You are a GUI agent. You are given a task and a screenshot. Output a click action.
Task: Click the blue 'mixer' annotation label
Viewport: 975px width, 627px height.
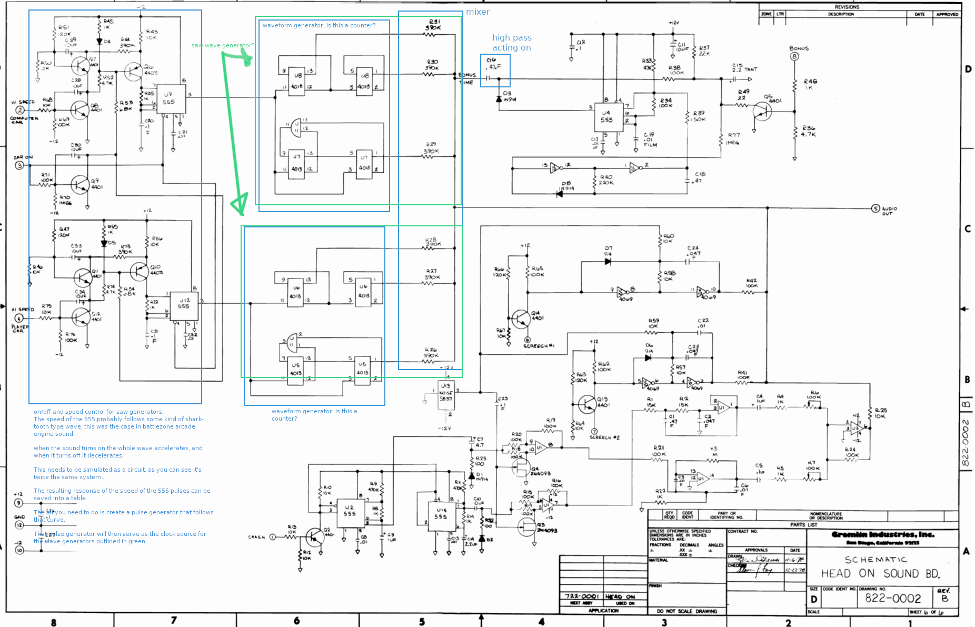[x=477, y=12]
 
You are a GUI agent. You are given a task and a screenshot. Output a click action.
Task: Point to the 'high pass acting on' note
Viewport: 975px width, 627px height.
[x=512, y=43]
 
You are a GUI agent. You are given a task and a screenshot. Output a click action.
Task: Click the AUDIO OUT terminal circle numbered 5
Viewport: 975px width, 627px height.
[x=875, y=209]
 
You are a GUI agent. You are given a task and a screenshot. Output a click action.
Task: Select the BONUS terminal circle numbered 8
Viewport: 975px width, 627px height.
[x=794, y=56]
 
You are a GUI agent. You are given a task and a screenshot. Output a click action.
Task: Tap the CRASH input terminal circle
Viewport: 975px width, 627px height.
[x=272, y=537]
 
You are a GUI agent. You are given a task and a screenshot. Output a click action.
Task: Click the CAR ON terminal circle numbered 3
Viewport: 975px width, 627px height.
[x=19, y=165]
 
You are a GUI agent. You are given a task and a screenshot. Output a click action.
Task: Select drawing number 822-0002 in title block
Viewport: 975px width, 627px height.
[x=893, y=599]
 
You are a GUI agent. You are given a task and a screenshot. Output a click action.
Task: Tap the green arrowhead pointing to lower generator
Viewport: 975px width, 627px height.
[x=240, y=206]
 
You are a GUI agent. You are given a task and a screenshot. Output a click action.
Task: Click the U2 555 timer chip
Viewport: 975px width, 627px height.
[x=350, y=511]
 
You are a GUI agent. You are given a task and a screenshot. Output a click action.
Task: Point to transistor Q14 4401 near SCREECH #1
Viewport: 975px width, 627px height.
[x=521, y=319]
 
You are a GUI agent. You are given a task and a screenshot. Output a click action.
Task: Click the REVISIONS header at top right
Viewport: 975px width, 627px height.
[x=847, y=7]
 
